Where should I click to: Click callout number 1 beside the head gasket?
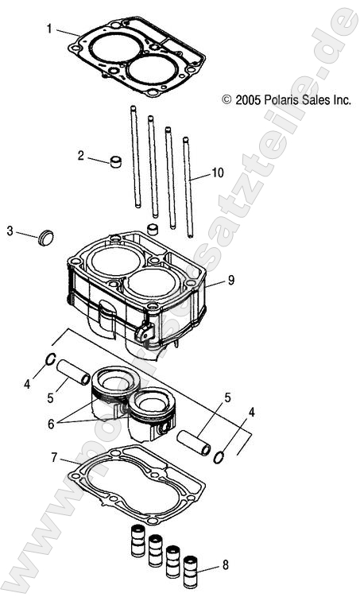tap(49, 29)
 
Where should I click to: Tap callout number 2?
tap(81, 156)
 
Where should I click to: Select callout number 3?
tap(10, 231)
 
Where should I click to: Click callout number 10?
tap(219, 173)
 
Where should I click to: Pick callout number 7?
tap(54, 457)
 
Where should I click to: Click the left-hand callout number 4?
tap(27, 384)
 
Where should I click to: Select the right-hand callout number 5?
tap(227, 397)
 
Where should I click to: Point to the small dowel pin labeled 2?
tap(118, 163)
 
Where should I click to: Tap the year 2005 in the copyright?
tap(246, 100)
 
